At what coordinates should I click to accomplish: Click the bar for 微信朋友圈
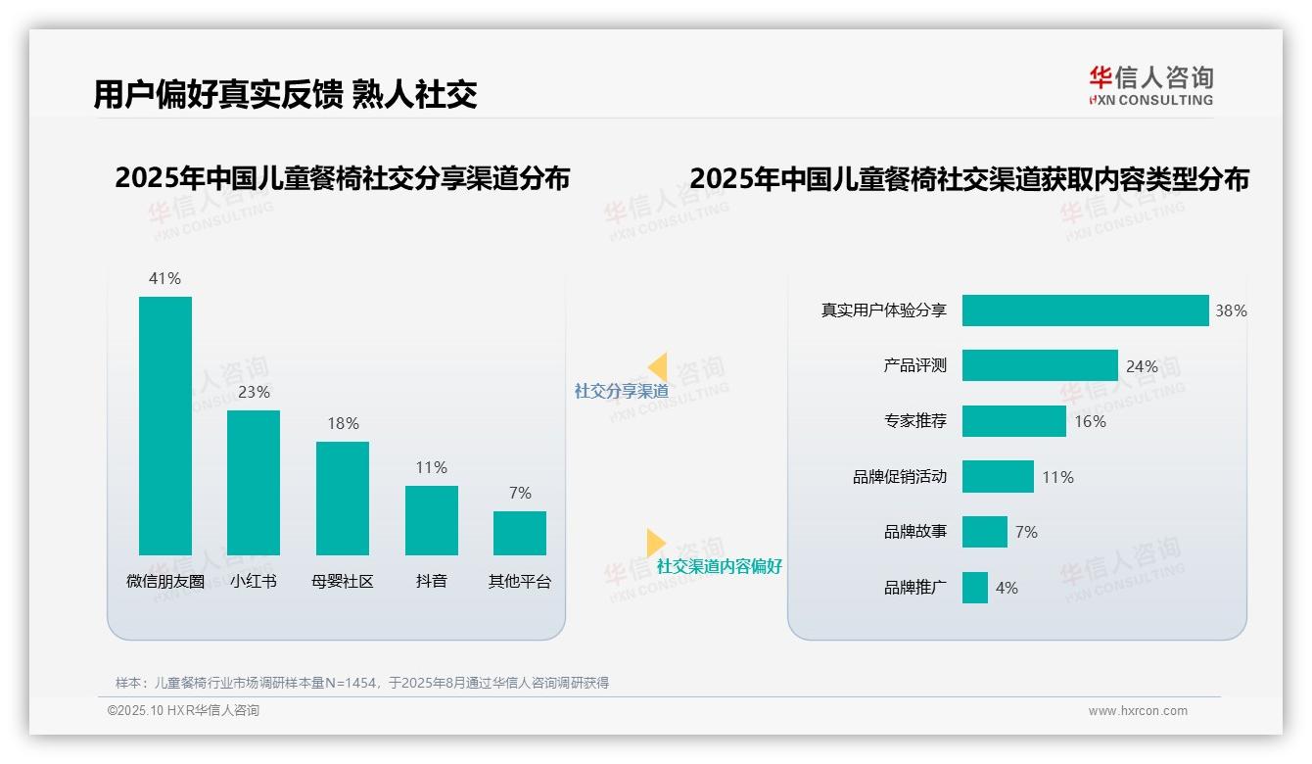pyautogui.click(x=165, y=426)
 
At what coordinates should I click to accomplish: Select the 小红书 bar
pyautogui.click(x=254, y=483)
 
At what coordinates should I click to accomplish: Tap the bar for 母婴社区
pyautogui.click(x=343, y=499)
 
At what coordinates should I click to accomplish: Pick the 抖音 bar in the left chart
pyautogui.click(x=432, y=520)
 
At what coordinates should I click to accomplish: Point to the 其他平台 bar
pyautogui.click(x=520, y=533)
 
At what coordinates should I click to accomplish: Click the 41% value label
pyautogui.click(x=164, y=278)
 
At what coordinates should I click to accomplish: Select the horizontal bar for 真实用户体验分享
pyautogui.click(x=1085, y=310)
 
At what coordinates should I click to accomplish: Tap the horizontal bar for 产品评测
pyautogui.click(x=1040, y=365)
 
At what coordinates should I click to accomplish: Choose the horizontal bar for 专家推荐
pyautogui.click(x=1013, y=421)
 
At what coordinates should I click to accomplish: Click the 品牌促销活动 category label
pyautogui.click(x=900, y=477)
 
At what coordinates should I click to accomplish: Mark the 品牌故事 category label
pyautogui.click(x=915, y=532)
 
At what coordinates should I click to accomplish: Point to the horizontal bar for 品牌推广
pyautogui.click(x=975, y=588)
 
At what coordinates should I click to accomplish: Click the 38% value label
pyautogui.click(x=1231, y=310)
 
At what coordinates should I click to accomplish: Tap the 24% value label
pyautogui.click(x=1142, y=366)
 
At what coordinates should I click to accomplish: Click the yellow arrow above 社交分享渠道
pyautogui.click(x=657, y=367)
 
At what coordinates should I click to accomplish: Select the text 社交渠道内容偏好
pyautogui.click(x=720, y=566)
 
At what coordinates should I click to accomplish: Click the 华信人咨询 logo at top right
pyautogui.click(x=1150, y=85)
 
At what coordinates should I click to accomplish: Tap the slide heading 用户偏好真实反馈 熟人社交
pyautogui.click(x=285, y=94)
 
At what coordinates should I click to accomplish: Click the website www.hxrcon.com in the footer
pyautogui.click(x=1138, y=711)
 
